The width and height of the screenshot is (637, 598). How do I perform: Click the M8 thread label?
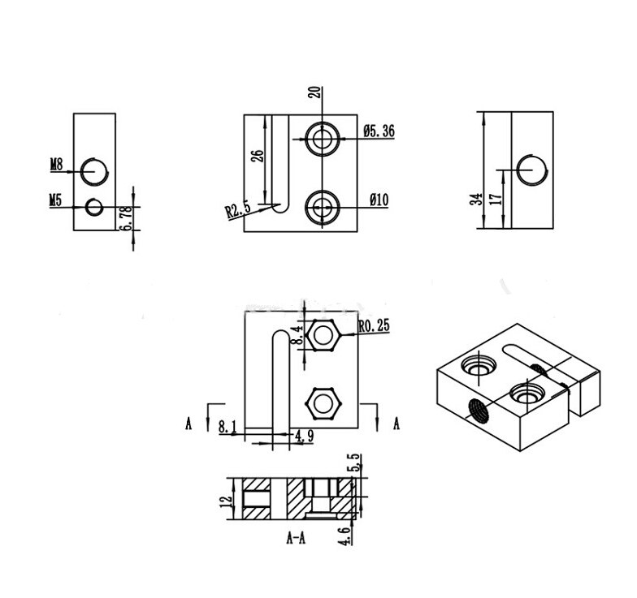pos(56,165)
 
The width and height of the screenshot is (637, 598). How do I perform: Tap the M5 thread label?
pos(56,198)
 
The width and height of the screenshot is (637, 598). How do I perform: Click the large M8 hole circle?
pos(94,170)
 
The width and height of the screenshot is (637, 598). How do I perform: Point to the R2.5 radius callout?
pos(239,210)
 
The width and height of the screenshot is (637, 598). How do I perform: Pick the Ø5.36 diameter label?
pos(379,130)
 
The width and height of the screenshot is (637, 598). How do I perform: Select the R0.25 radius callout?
pos(373,326)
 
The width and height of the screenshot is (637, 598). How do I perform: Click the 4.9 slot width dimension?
pos(305,437)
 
